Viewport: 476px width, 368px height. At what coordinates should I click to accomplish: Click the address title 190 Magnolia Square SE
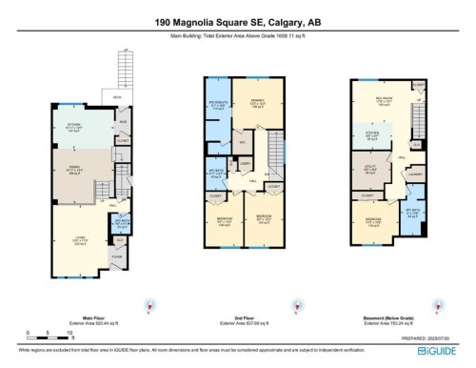237,20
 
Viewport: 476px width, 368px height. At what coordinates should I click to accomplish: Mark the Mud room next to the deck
123,123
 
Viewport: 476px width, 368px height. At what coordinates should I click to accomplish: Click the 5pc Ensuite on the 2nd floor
217,105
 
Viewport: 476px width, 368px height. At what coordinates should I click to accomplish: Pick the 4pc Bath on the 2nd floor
216,174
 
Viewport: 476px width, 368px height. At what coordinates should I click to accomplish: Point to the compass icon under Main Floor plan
148,307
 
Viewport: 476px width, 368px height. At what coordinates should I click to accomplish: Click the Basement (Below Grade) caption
387,320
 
